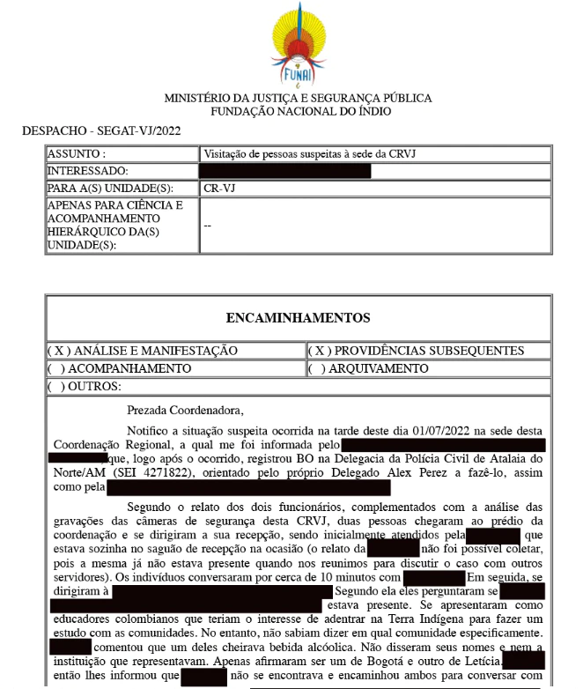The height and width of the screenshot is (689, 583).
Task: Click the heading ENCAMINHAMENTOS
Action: (298, 318)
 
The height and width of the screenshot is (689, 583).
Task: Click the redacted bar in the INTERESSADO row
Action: (284, 170)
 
